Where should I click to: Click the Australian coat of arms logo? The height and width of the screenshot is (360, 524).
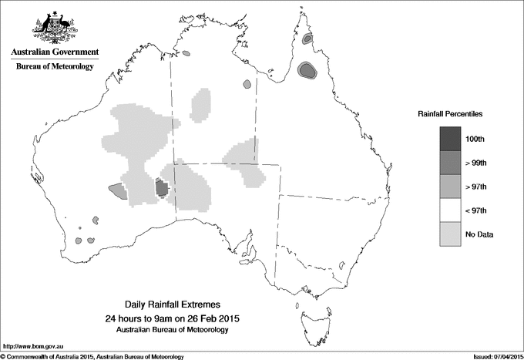pos(55,26)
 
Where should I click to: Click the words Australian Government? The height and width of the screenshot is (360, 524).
pos(55,52)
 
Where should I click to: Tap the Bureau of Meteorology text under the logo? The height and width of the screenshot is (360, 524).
pos(55,67)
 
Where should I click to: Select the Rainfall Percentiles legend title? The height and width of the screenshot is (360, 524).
pos(450,113)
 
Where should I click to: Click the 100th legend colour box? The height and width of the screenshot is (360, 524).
pos(451,139)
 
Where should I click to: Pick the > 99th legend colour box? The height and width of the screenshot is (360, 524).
pos(451,163)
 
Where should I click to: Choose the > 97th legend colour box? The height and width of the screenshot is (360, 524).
pos(451,187)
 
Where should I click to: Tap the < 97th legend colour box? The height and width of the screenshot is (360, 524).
pos(451,210)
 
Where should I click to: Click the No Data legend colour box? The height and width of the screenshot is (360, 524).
pos(451,234)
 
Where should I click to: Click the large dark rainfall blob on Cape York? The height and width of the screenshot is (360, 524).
pos(307,71)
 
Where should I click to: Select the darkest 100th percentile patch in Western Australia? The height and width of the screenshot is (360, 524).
pos(162,187)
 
